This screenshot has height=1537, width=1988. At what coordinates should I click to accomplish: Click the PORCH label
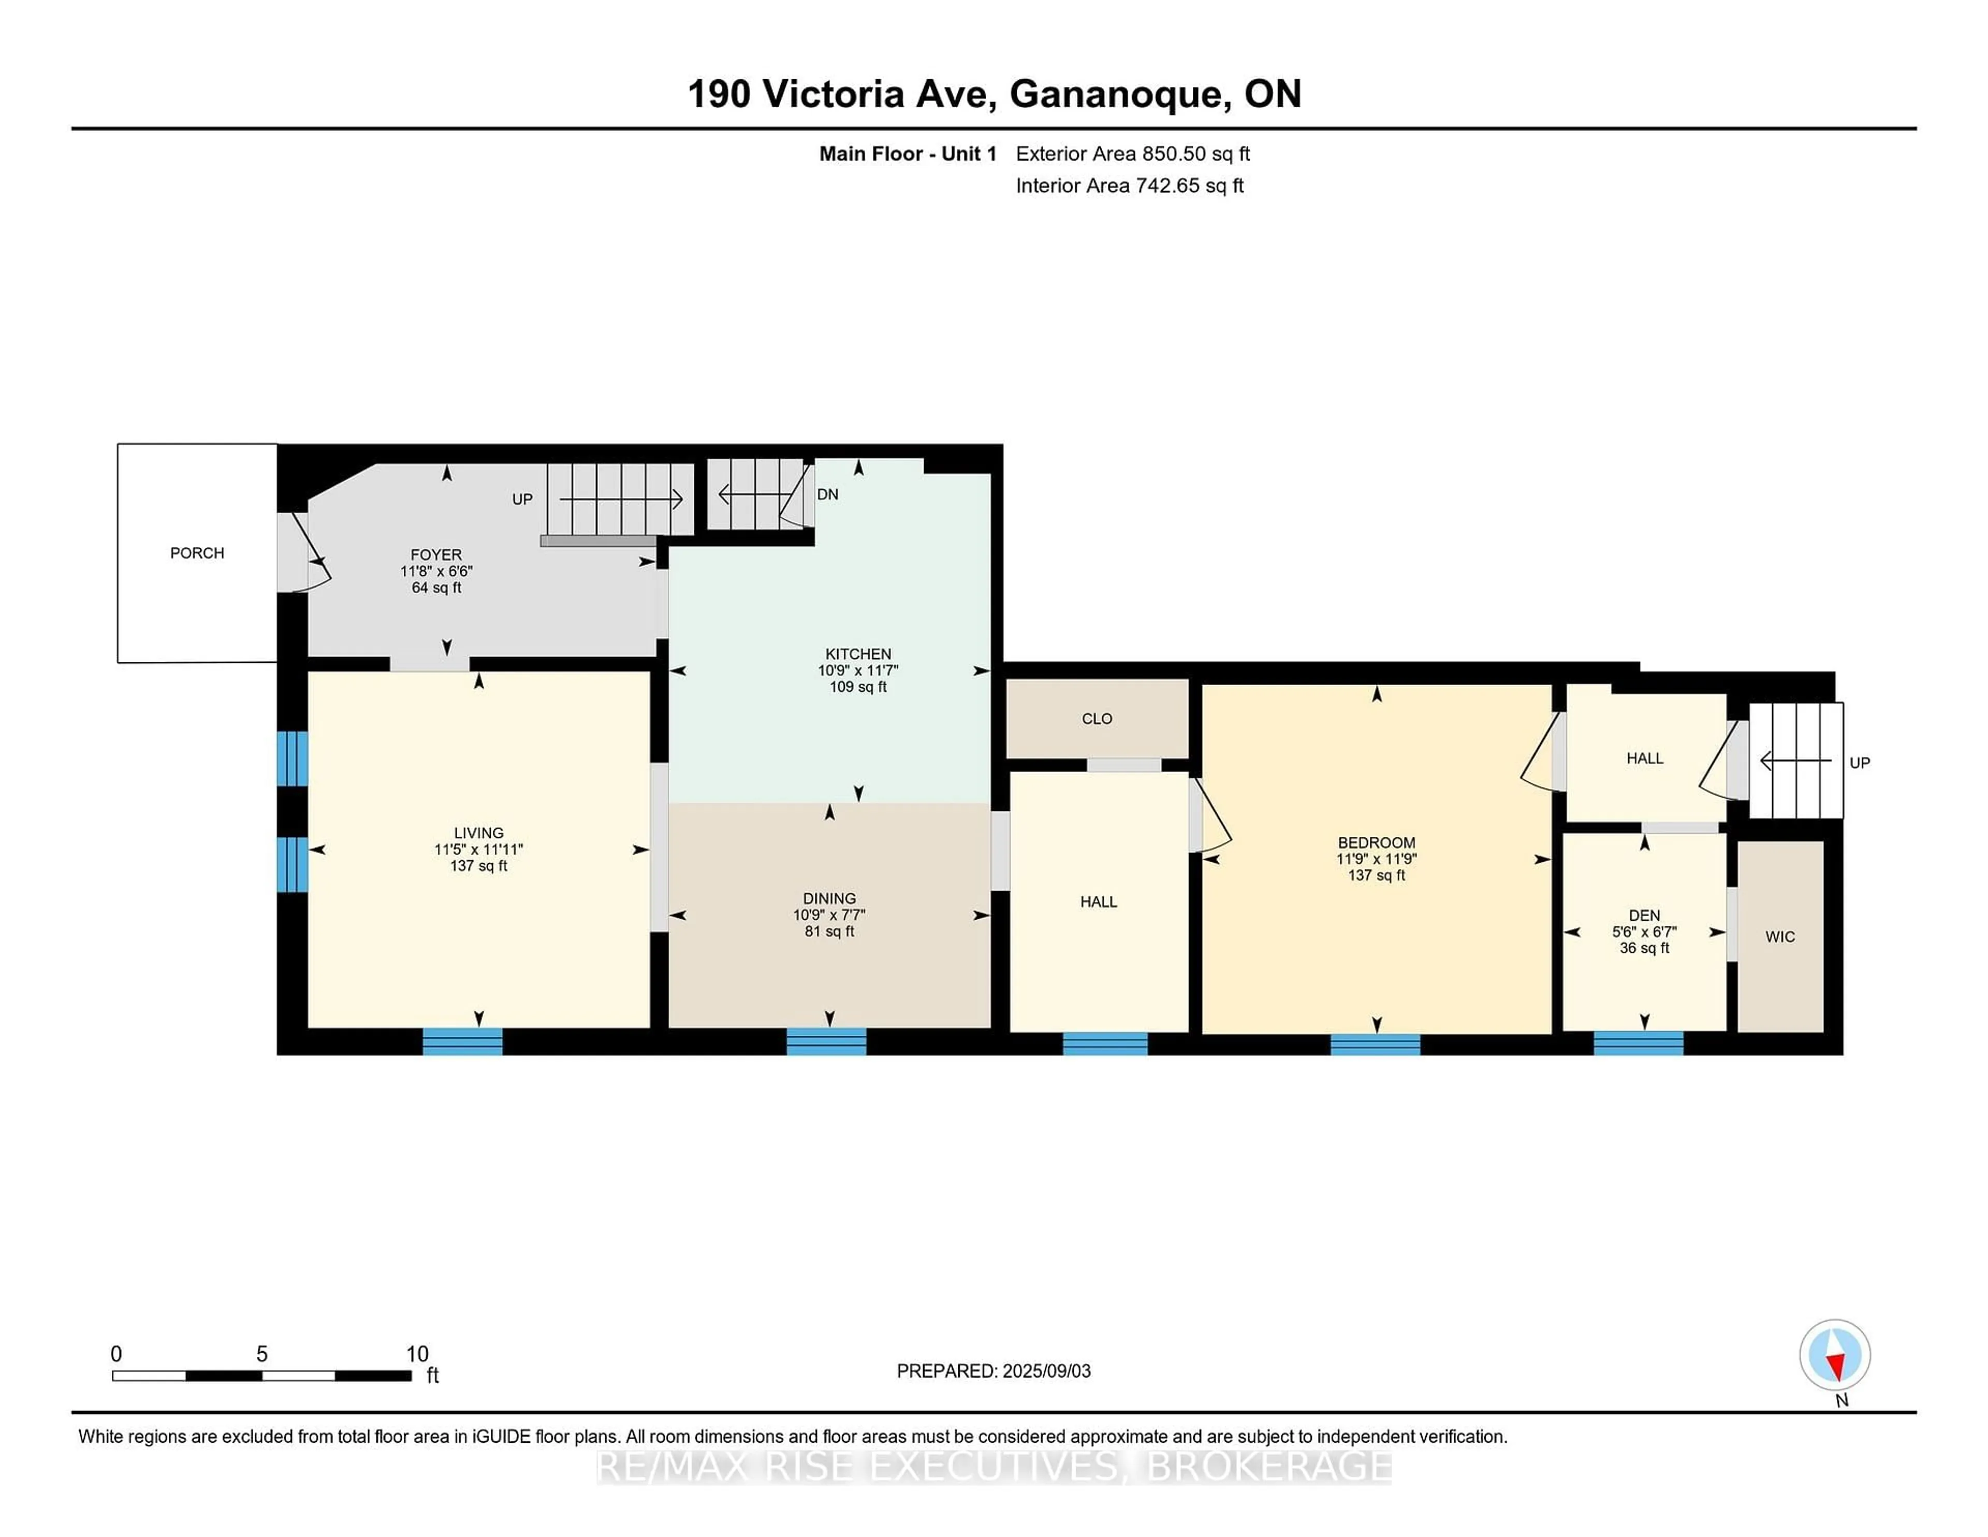(x=197, y=553)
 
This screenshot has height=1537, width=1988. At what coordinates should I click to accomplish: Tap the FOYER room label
(x=436, y=555)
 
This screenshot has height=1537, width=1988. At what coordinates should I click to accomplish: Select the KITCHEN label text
(x=857, y=654)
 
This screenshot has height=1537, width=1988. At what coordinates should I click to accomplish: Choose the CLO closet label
(x=1097, y=718)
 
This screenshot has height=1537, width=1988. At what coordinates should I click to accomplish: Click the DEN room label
(x=1644, y=915)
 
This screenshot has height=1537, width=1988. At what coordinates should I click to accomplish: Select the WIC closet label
(x=1779, y=936)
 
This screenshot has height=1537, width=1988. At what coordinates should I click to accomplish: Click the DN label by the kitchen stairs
(x=827, y=495)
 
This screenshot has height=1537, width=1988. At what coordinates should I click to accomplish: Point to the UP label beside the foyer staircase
(x=521, y=499)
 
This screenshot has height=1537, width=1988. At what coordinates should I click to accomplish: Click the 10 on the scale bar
(x=417, y=1354)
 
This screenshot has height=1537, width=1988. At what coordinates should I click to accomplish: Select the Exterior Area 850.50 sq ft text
(x=1132, y=154)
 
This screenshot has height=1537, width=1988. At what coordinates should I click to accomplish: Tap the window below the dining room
(x=826, y=1041)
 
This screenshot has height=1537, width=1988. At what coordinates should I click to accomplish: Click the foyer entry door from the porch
(x=293, y=553)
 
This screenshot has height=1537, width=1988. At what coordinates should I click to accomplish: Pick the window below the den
(x=1638, y=1042)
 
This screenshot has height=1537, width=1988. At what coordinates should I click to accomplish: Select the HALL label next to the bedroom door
(x=1098, y=902)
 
